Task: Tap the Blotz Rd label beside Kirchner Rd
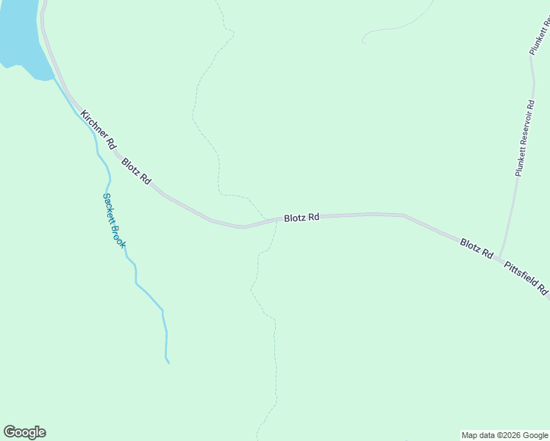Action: (137, 171)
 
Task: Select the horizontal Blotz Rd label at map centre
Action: (302, 218)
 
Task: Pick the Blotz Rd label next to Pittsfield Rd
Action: (476, 248)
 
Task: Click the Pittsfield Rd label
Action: (527, 277)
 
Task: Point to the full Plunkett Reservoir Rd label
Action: (524, 137)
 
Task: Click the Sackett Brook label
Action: (114, 220)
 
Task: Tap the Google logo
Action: (24, 432)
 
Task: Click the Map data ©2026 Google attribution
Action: (505, 435)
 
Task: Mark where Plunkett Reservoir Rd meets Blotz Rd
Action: (500, 257)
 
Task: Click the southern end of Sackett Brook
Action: (168, 362)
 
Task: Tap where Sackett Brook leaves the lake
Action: (53, 79)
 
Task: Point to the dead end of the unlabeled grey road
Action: (363, 41)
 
